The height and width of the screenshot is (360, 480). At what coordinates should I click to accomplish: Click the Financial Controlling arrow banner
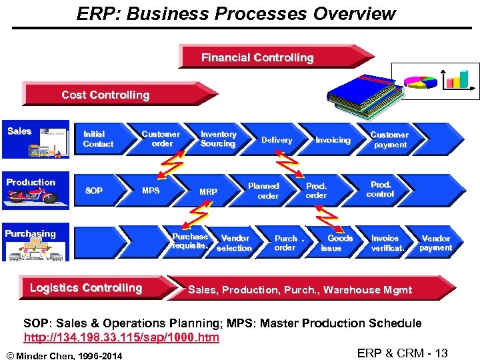[x=267, y=57]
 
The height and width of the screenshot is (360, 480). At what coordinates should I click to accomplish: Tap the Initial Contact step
[x=98, y=139]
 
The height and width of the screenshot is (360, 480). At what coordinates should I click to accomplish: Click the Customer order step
[x=161, y=139]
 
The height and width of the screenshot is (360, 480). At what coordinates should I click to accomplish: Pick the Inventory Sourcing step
[x=218, y=139]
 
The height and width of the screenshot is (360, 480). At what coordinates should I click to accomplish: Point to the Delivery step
[x=276, y=140]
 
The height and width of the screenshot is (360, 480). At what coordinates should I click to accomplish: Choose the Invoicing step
[x=333, y=140]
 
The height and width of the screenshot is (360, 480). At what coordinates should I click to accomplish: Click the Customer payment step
[x=389, y=139]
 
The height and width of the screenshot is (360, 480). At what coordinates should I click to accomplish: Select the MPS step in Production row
[x=151, y=191]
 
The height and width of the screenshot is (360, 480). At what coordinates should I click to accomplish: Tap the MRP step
[x=208, y=191]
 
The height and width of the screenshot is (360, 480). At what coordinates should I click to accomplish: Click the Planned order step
[x=265, y=191]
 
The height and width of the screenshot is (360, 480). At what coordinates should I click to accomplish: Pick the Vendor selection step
[x=235, y=243]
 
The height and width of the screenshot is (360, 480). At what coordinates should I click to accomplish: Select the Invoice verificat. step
[x=387, y=243]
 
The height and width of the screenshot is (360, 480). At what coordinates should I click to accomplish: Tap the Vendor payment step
[x=435, y=243]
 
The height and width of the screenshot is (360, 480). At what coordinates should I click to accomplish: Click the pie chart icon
[x=421, y=81]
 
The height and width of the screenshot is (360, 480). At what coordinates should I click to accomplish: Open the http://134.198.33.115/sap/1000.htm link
[x=121, y=337]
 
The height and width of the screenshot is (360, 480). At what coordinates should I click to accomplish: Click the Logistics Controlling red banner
[x=87, y=288]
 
